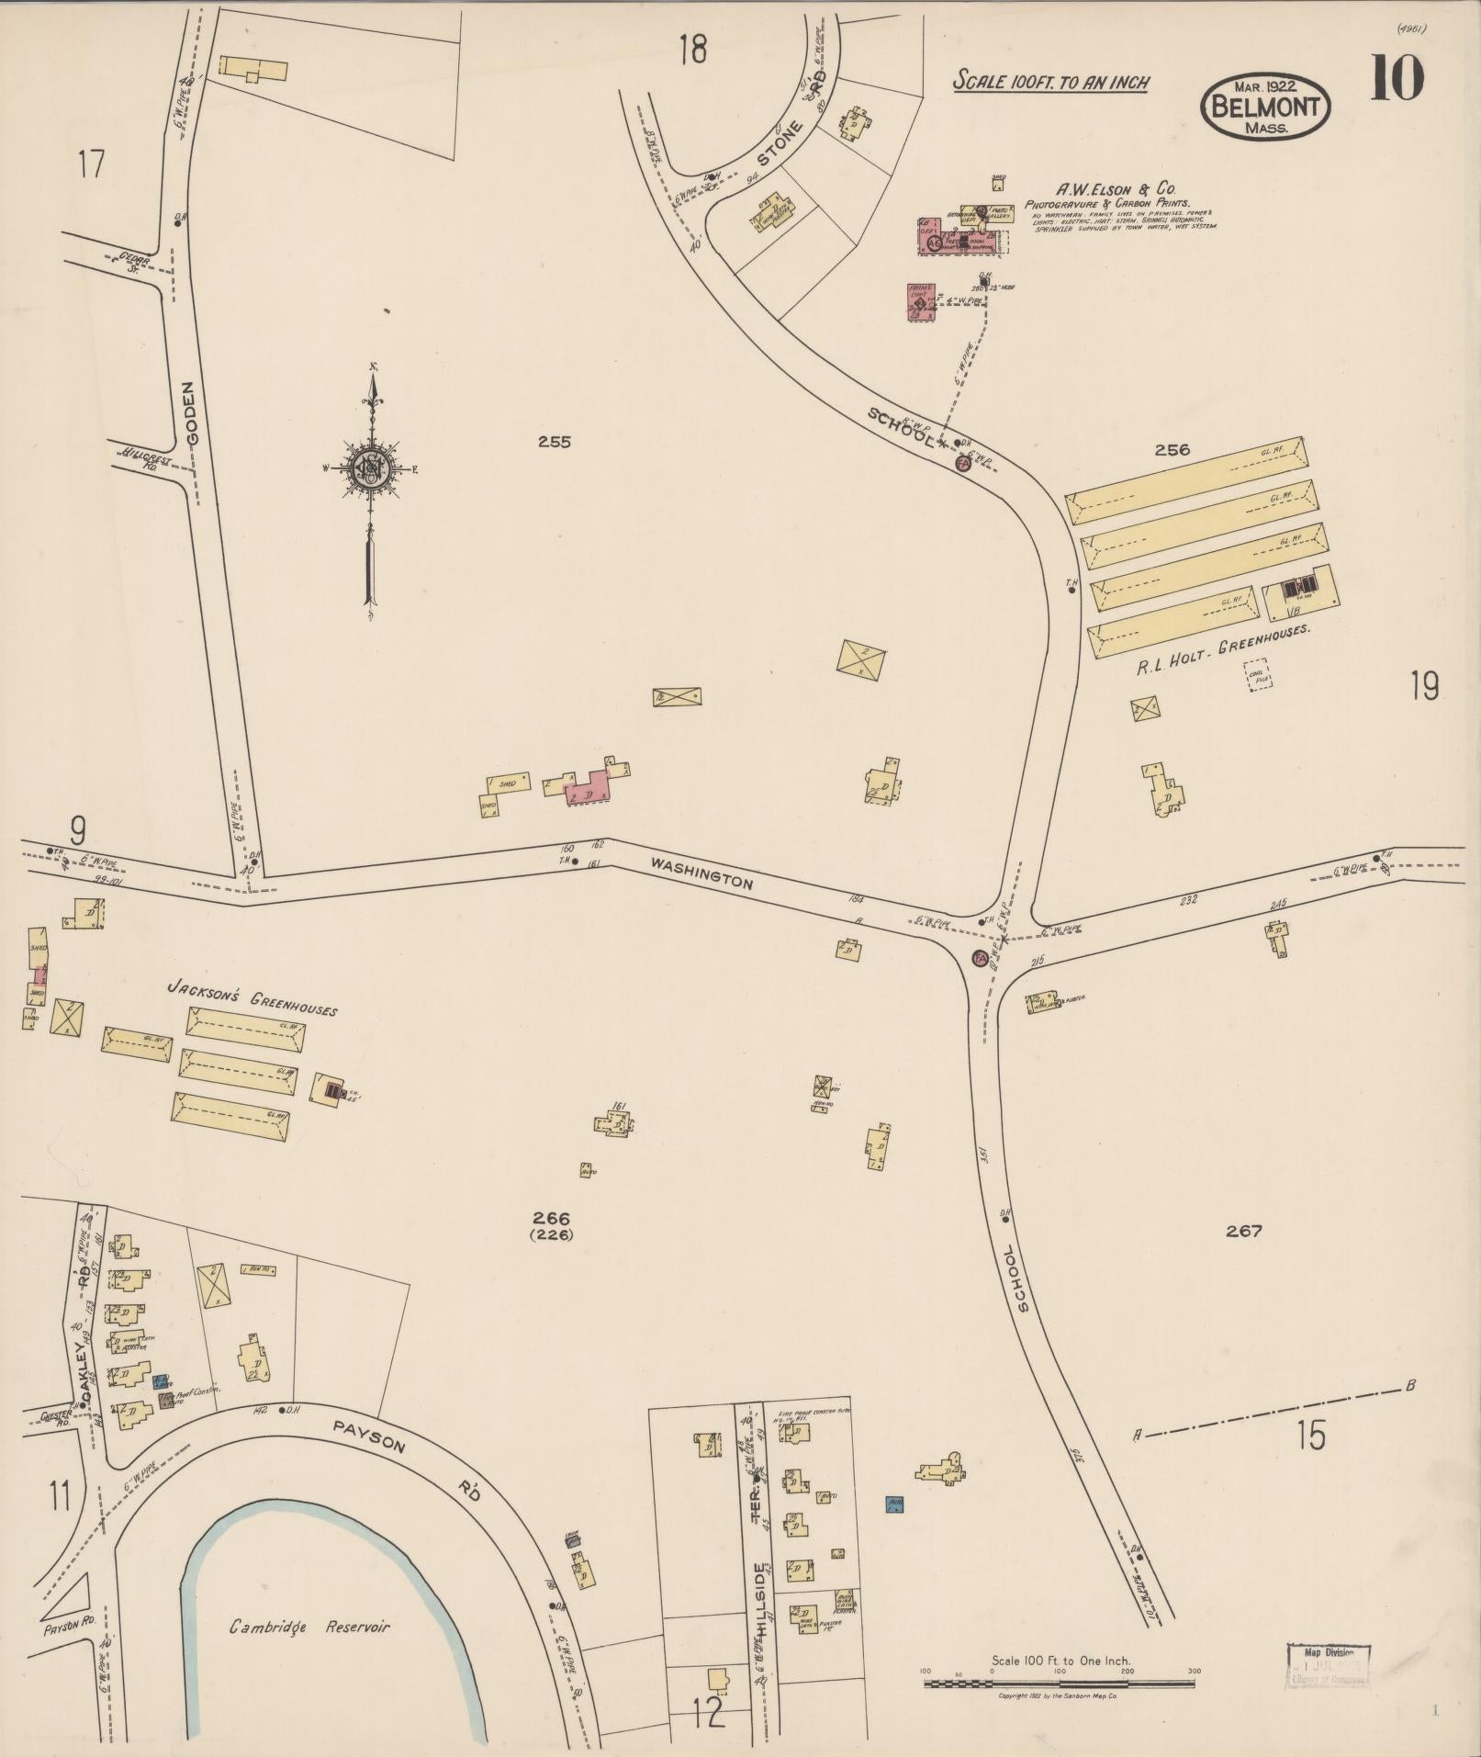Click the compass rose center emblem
point(373,469)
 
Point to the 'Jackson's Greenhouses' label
point(252,997)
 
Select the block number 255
point(555,442)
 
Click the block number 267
point(1244,1231)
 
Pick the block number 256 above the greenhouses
point(1172,449)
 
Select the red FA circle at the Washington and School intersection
point(980,959)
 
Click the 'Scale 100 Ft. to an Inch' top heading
point(1050,82)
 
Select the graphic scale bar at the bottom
point(1060,1684)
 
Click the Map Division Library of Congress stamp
point(1328,1663)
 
